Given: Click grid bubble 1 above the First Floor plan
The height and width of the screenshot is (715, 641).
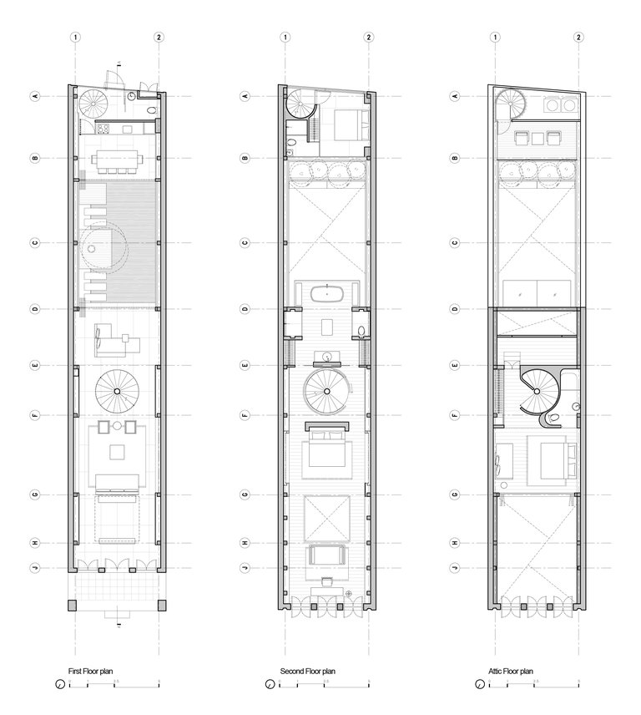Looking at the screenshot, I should pos(76,38).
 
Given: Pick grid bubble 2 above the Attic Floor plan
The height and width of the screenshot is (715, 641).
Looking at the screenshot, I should pos(579,38).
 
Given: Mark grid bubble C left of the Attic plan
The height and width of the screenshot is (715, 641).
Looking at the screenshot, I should pos(456,243).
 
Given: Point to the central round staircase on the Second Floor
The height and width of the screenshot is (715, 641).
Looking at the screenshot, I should pos(326,393).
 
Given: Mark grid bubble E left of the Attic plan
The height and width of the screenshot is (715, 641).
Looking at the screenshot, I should pos(456,366).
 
